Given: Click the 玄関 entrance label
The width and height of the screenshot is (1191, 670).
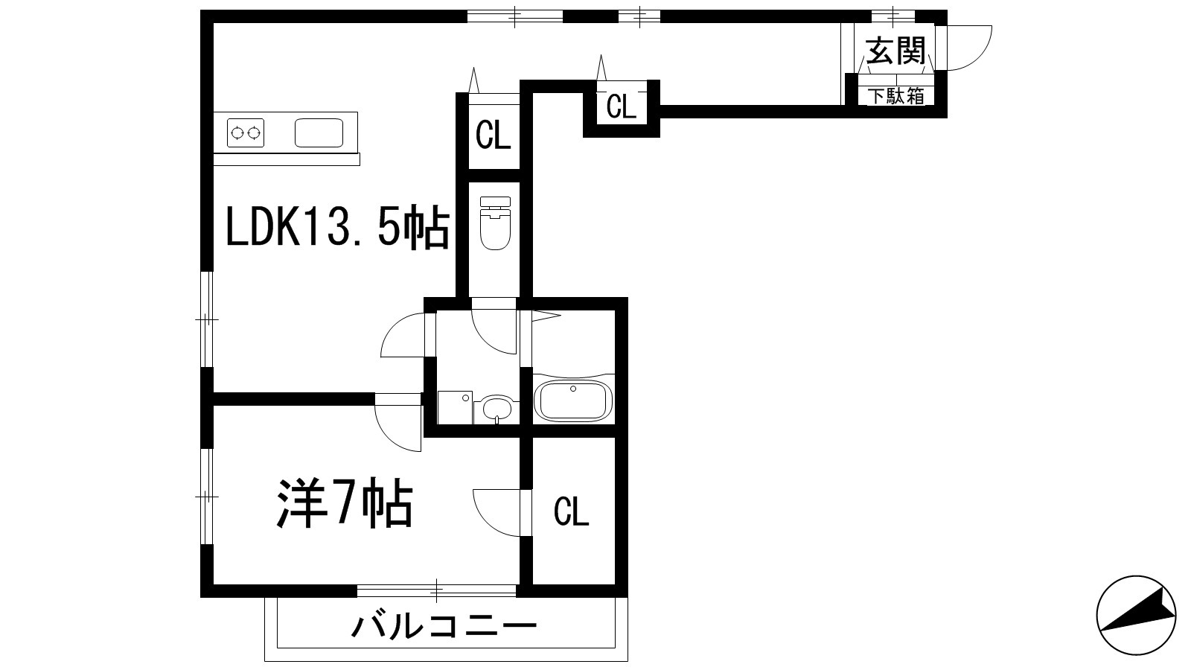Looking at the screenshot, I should [x=895, y=52].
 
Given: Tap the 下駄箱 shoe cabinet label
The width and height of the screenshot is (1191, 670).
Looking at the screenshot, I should [x=896, y=96].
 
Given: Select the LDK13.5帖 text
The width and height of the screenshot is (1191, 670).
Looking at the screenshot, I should [x=337, y=229].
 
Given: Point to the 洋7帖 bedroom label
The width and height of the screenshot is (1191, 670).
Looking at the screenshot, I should [x=345, y=504].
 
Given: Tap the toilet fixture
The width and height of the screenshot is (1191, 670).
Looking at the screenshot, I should [x=494, y=223].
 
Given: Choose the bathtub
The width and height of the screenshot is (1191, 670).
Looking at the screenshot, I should [x=574, y=400].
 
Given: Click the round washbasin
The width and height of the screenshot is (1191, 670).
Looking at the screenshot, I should [x=497, y=408].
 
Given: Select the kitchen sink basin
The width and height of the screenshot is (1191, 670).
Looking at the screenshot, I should [x=319, y=133].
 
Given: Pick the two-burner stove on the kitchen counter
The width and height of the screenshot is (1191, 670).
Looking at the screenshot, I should [x=246, y=133].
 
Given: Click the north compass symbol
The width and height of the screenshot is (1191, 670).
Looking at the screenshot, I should [x=1137, y=615].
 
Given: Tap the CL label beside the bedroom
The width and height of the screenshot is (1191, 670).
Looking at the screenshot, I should [x=572, y=512].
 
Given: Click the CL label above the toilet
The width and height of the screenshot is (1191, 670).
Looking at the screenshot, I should [x=494, y=136].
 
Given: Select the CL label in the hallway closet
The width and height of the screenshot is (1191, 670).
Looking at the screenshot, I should [x=622, y=107].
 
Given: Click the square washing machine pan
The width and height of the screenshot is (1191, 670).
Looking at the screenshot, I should [x=455, y=407].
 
